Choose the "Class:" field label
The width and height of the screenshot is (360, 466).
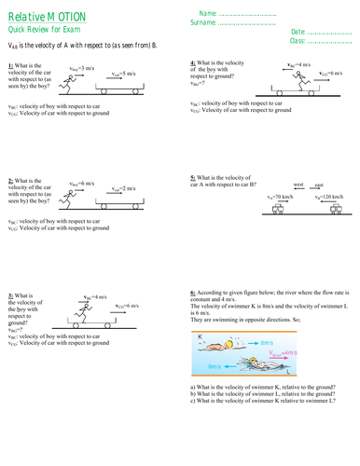coord(294,42)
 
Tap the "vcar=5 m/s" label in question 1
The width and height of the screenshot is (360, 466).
coord(125,72)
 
